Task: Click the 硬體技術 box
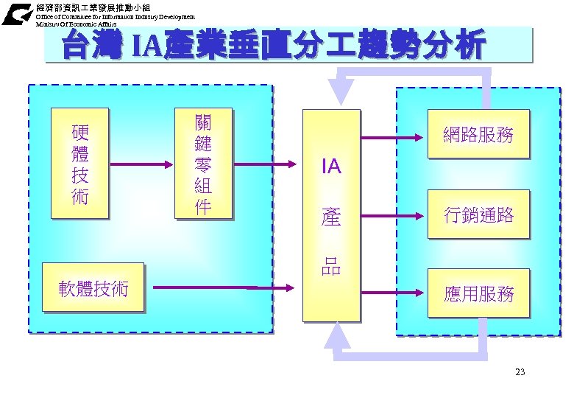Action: click(79, 164)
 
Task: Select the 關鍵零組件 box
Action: click(202, 164)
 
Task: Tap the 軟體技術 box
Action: click(93, 288)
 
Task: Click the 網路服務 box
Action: click(478, 135)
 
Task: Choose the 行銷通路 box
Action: click(478, 215)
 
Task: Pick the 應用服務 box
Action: click(478, 294)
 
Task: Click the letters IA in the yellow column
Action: click(331, 167)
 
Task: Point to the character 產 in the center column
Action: click(331, 217)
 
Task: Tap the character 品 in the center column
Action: click(331, 266)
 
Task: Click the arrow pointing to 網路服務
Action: click(394, 138)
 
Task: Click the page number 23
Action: click(520, 372)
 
